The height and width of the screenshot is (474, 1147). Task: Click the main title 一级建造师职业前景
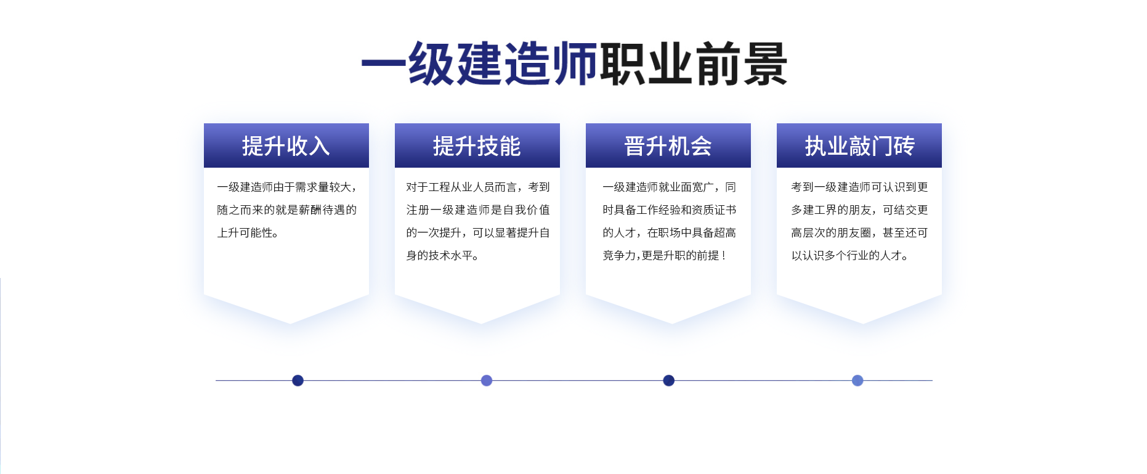pyautogui.click(x=574, y=64)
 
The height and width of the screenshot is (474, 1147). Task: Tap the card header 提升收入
pyautogui.click(x=286, y=146)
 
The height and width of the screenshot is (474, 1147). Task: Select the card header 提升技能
pyautogui.click(x=477, y=146)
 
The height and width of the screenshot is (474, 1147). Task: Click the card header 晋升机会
pyautogui.click(x=668, y=146)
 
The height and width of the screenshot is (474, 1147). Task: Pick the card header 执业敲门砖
pyautogui.click(x=859, y=146)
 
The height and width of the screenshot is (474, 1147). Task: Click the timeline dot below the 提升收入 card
pyautogui.click(x=298, y=380)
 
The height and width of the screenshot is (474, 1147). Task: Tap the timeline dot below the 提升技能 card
pyautogui.click(x=487, y=380)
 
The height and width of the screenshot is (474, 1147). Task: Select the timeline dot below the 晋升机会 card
pyautogui.click(x=668, y=380)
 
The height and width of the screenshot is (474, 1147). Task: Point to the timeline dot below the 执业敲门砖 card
pyautogui.click(x=857, y=380)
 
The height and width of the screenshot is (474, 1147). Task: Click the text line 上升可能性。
pyautogui.click(x=248, y=233)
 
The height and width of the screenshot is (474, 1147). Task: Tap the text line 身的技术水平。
pyautogui.click(x=442, y=256)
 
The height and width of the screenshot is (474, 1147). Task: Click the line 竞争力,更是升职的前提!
pyautogui.click(x=664, y=256)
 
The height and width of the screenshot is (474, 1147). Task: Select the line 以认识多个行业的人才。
pyautogui.click(x=849, y=256)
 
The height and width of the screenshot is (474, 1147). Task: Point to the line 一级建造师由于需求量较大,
pyautogui.click(x=286, y=187)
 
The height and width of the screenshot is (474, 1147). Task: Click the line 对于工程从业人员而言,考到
pyautogui.click(x=478, y=187)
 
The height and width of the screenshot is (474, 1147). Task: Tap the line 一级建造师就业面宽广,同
pyautogui.click(x=669, y=187)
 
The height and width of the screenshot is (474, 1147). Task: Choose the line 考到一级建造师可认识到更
pyautogui.click(x=859, y=187)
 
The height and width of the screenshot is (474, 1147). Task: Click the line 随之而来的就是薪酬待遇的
pyautogui.click(x=286, y=210)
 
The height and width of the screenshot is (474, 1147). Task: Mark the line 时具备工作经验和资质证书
pyautogui.click(x=669, y=210)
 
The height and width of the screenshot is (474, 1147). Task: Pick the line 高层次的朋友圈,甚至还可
pyautogui.click(x=859, y=233)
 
